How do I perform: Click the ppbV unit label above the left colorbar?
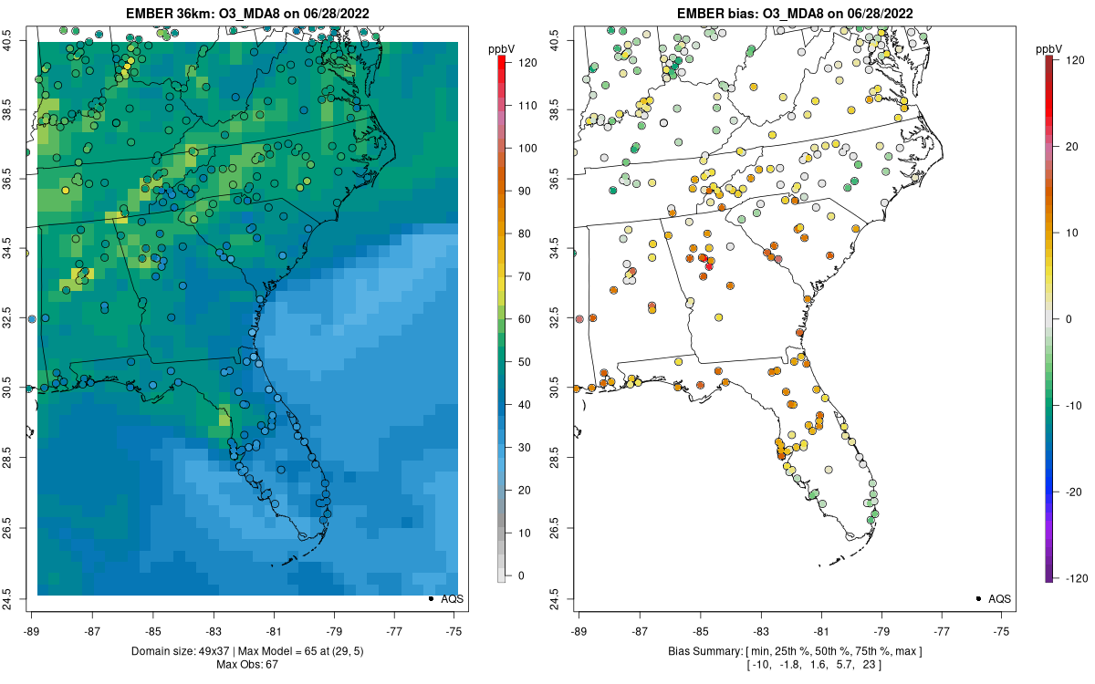pyautogui.click(x=502, y=47)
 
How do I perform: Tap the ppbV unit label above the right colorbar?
pyautogui.click(x=1049, y=47)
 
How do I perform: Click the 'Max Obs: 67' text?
pyautogui.click(x=248, y=664)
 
